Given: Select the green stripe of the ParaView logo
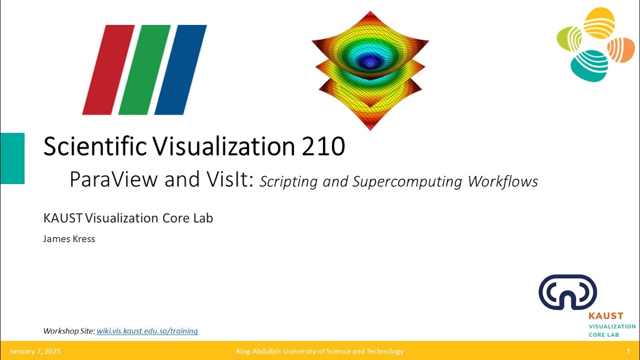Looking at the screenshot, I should click(145, 70).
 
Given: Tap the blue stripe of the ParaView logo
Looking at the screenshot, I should click(180, 70).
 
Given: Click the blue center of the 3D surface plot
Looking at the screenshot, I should click(370, 61).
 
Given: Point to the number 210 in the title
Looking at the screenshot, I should click(323, 146).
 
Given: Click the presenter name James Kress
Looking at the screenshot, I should click(69, 239).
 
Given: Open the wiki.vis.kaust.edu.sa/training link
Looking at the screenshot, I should click(147, 331).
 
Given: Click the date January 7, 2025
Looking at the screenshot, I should click(35, 351).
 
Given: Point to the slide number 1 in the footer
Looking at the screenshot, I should click(628, 351).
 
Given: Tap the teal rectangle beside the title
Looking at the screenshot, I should click(12, 158).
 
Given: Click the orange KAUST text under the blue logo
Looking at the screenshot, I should click(605, 316).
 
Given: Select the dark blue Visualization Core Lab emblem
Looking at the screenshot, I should click(567, 292).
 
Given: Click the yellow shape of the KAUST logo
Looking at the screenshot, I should click(599, 23).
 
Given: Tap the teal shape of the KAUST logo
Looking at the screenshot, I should click(589, 65).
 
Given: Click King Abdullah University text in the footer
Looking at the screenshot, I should click(319, 351).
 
